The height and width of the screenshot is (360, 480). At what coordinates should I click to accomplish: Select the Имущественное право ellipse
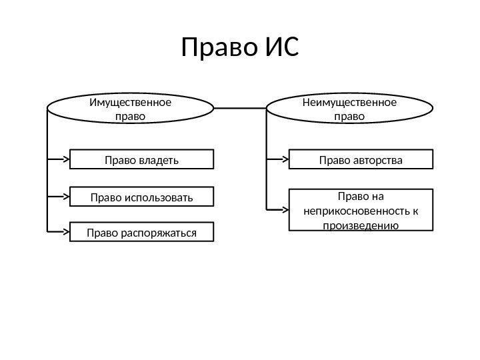click(x=130, y=109)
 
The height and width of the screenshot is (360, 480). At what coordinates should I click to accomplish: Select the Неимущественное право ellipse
click(x=349, y=109)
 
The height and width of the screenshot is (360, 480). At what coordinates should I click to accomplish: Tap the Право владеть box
click(x=142, y=159)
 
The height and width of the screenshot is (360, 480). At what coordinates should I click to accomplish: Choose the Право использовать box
click(x=142, y=197)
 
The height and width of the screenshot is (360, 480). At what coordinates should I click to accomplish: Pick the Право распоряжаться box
click(x=142, y=232)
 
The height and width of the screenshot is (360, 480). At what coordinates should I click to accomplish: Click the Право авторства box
click(x=361, y=159)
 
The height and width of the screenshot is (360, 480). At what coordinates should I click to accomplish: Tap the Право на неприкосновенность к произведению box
click(x=361, y=210)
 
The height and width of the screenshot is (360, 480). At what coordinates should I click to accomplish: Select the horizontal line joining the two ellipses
click(x=241, y=107)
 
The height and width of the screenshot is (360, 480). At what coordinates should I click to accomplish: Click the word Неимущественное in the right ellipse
click(x=349, y=103)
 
